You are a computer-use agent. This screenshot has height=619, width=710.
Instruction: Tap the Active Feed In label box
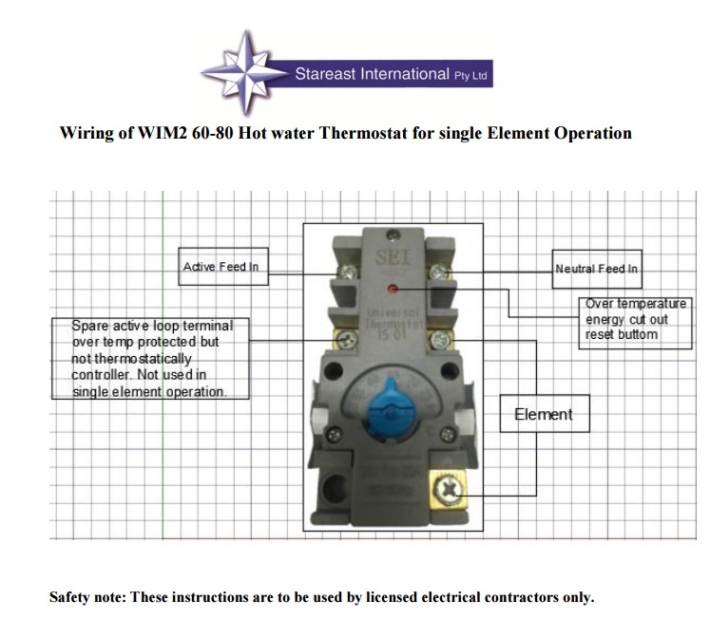coord(221,267)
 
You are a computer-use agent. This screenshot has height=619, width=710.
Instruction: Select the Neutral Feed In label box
coord(597,269)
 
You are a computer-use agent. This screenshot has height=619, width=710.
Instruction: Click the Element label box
coord(544,414)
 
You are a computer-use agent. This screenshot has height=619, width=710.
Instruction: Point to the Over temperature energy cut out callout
coord(635,319)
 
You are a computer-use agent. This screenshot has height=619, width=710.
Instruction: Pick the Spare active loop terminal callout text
coord(151,358)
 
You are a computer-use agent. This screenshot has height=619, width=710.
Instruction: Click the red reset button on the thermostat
coord(393,285)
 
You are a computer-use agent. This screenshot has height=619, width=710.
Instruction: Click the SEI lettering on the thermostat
coord(391,256)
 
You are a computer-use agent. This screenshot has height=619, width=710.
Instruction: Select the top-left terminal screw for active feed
coord(347,274)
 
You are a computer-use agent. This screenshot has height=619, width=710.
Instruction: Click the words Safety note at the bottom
coord(86,597)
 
